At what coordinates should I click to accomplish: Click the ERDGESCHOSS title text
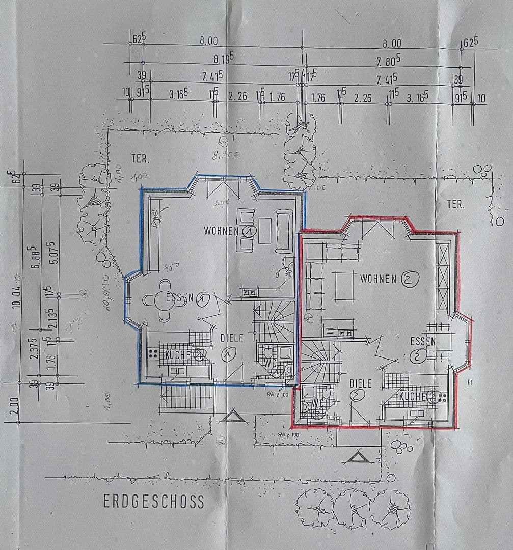(x=154, y=501)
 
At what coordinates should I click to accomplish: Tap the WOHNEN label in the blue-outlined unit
(x=222, y=231)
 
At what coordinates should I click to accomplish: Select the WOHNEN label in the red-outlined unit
(x=378, y=279)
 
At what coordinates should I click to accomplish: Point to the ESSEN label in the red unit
(x=423, y=342)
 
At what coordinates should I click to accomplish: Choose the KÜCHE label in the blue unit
(x=176, y=355)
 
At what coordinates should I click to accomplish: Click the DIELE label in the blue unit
(x=232, y=338)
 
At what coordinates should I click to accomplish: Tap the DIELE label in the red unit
(x=360, y=383)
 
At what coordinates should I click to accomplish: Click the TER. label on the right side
(x=455, y=205)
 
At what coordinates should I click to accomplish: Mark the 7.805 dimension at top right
(x=388, y=61)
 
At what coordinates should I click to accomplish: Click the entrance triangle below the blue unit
(x=234, y=417)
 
